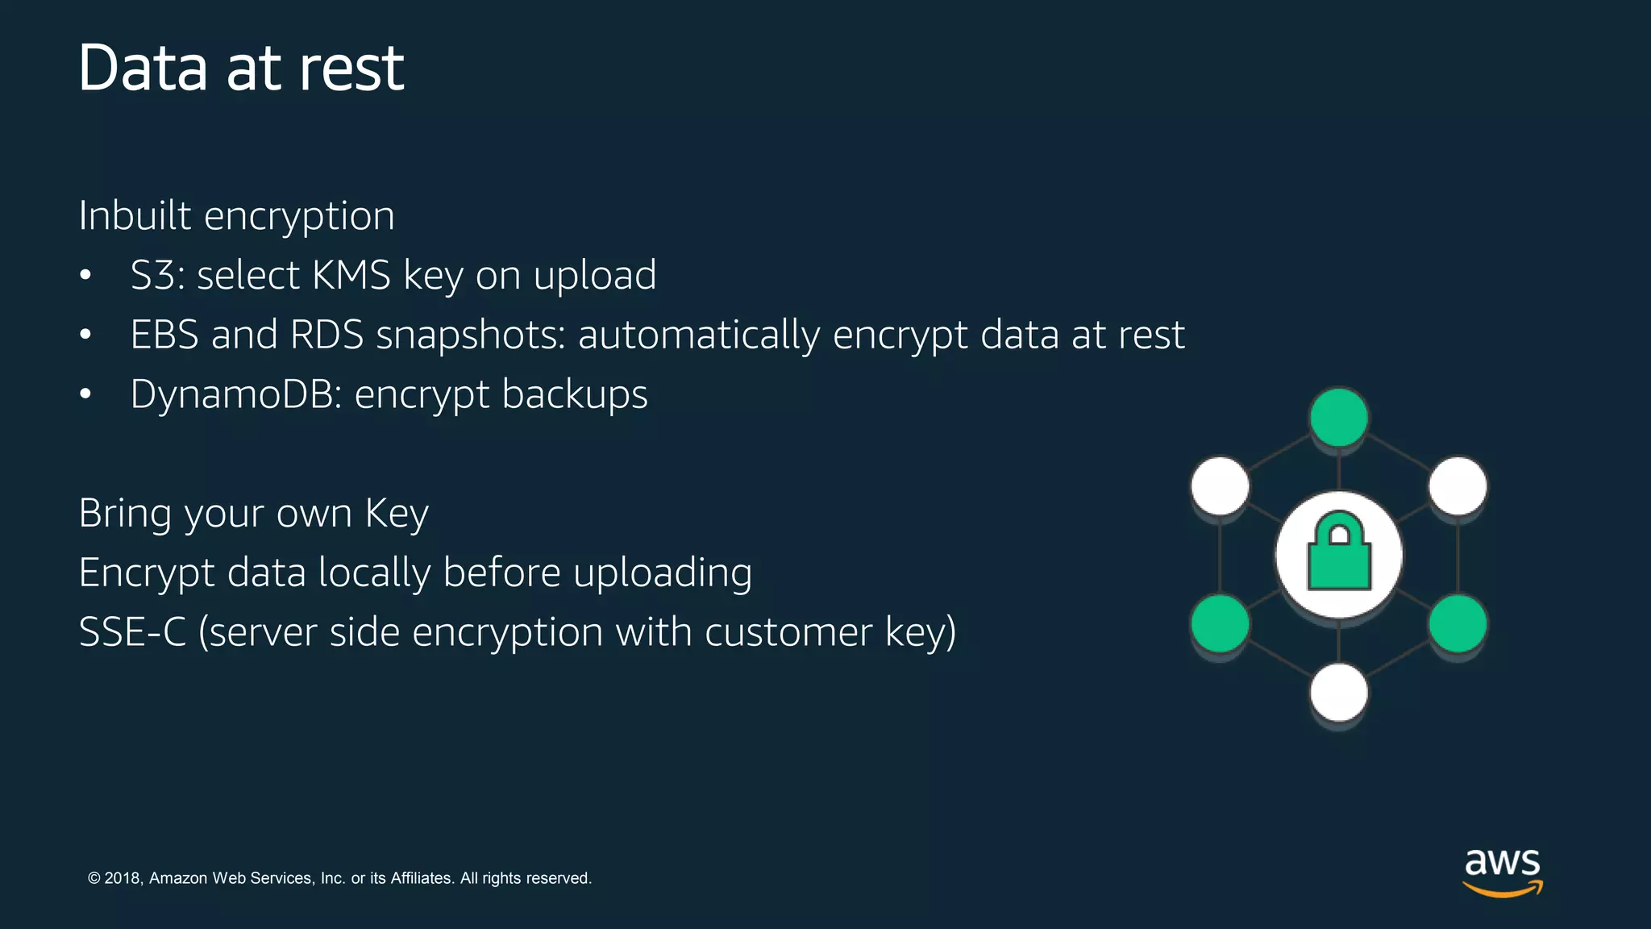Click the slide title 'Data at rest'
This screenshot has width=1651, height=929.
point(241,68)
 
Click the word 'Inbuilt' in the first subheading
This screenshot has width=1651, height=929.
point(135,215)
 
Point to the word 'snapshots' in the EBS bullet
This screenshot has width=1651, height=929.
point(471,335)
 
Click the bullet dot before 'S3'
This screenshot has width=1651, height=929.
point(85,276)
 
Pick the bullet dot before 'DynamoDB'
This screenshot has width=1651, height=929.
point(85,394)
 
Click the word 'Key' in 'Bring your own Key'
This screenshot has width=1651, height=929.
point(396,514)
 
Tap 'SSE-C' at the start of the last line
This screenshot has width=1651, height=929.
point(132,632)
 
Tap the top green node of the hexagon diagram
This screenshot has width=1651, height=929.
point(1339,417)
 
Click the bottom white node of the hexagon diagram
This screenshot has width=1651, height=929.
point(1339,692)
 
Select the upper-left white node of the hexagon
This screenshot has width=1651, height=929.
point(1220,485)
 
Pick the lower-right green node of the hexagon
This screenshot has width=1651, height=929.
point(1458,623)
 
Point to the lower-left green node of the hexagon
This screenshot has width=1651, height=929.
point(1220,623)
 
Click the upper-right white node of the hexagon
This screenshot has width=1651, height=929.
point(1458,485)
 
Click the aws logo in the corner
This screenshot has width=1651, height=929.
point(1503,871)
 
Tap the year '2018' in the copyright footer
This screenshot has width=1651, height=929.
point(123,878)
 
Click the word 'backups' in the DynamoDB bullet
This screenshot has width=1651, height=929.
point(575,394)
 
